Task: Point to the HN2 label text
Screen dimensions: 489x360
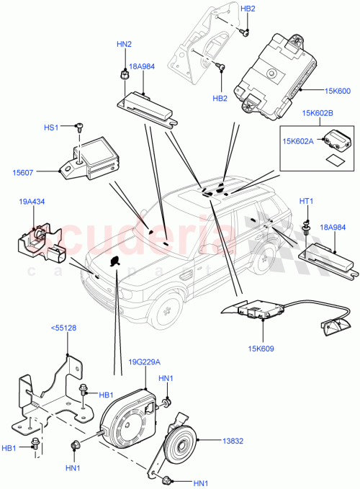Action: coord(124,45)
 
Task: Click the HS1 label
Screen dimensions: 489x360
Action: coord(50,127)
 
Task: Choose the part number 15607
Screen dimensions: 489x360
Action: coord(23,171)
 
